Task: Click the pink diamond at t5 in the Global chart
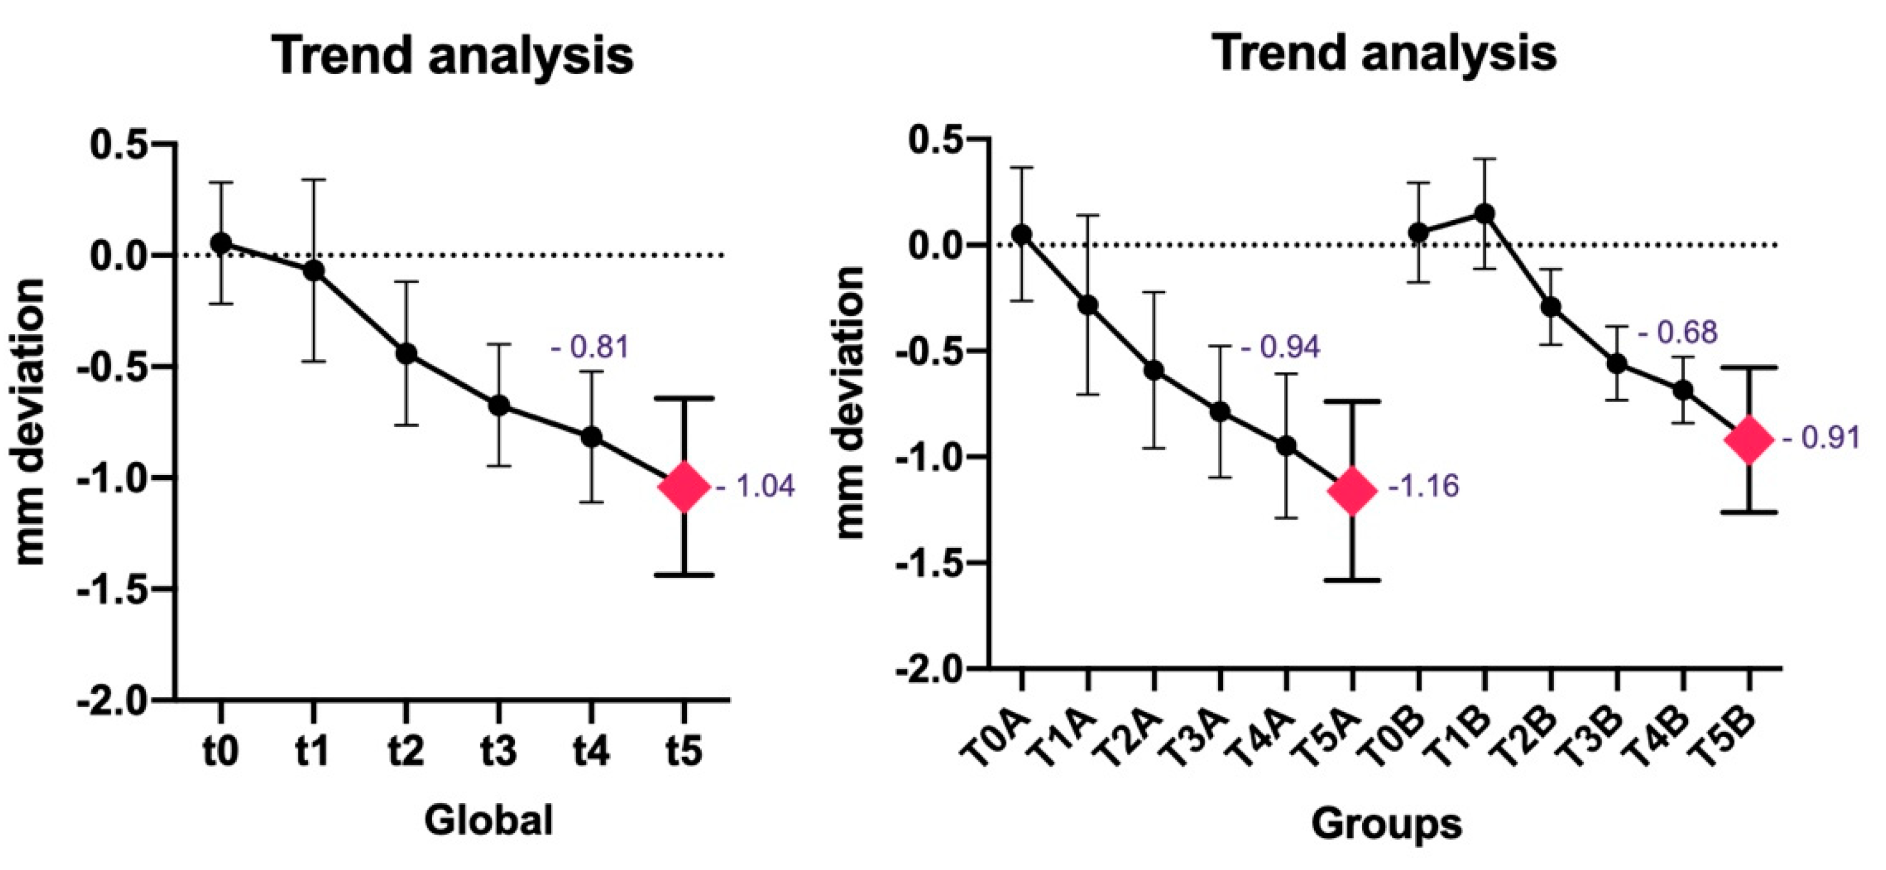click(684, 486)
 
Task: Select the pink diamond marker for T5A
click(1352, 492)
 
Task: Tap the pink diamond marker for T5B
click(1749, 439)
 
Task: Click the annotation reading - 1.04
click(755, 487)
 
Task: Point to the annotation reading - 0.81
click(590, 347)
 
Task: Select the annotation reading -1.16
click(1421, 487)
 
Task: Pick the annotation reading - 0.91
click(1821, 438)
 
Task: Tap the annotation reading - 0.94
click(1281, 348)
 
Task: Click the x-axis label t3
click(498, 751)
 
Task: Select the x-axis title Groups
click(1386, 824)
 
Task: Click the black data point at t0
click(221, 242)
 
